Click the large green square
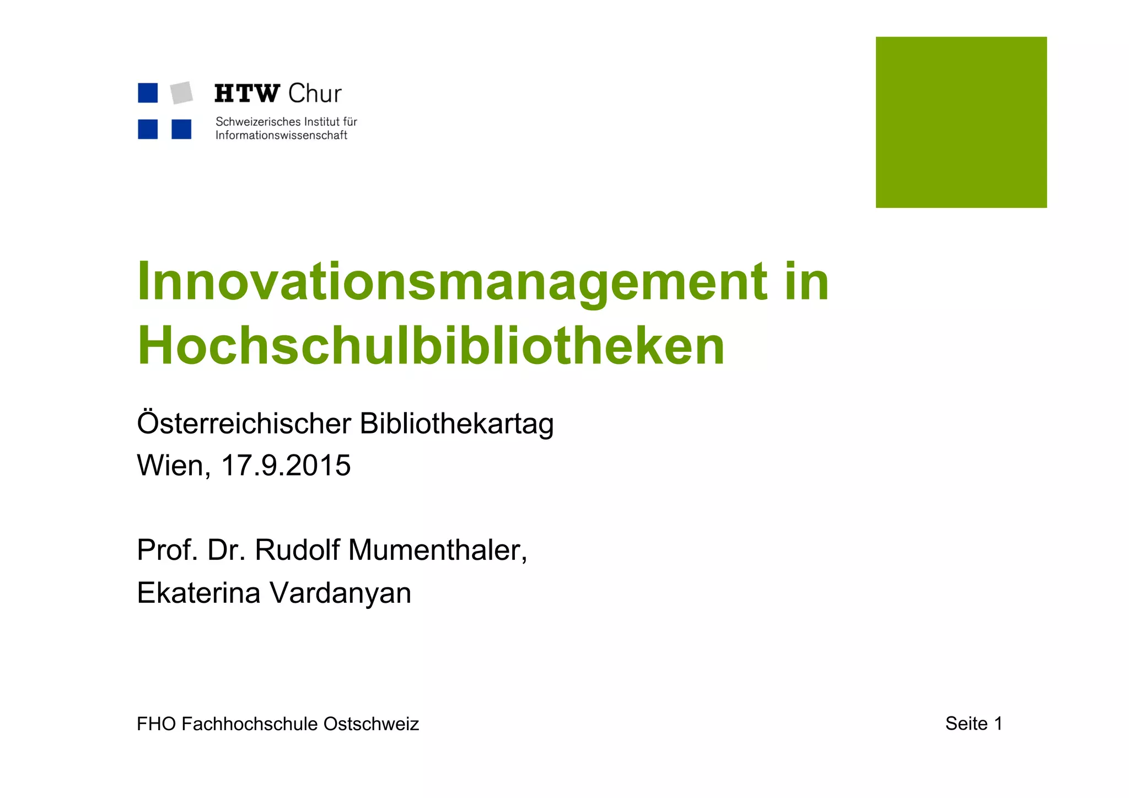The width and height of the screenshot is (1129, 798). pyautogui.click(x=961, y=122)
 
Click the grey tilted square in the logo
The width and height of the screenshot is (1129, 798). pyautogui.click(x=181, y=93)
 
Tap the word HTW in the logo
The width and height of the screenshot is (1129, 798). pyautogui.click(x=247, y=94)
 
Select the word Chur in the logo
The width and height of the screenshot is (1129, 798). pyautogui.click(x=315, y=94)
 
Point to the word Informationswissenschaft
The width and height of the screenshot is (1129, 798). pyautogui.click(x=281, y=136)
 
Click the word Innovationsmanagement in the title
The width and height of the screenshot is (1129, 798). pyautogui.click(x=451, y=282)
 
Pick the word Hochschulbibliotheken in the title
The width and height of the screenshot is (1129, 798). pyautogui.click(x=431, y=346)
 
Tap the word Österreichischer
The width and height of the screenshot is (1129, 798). pyautogui.click(x=244, y=424)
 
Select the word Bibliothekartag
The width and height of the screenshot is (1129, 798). pyautogui.click(x=456, y=424)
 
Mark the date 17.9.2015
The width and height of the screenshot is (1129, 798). pyautogui.click(x=286, y=465)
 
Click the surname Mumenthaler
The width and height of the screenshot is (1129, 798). pyautogui.click(x=438, y=550)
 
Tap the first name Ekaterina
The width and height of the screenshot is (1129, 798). pyautogui.click(x=198, y=593)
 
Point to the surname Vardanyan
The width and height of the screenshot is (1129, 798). pyautogui.click(x=340, y=594)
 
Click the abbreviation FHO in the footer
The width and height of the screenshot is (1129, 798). pyautogui.click(x=157, y=724)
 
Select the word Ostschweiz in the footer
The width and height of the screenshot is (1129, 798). pyautogui.click(x=371, y=724)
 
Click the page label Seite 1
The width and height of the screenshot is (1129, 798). pyautogui.click(x=974, y=724)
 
